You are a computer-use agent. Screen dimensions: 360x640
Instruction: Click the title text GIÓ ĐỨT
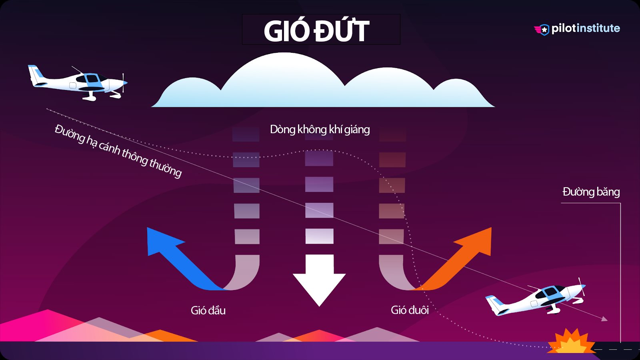point(316,31)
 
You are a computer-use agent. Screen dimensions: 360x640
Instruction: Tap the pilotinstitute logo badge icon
point(543,30)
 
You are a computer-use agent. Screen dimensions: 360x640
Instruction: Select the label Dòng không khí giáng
point(320,130)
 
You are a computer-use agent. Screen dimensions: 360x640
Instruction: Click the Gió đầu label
point(208,310)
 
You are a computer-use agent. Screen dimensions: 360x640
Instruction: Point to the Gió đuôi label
point(410,310)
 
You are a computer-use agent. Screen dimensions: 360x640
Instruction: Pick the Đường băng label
point(591,192)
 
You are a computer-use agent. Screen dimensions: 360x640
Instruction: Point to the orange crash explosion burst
point(571,342)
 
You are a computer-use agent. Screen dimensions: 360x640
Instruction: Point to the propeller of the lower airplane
point(582,286)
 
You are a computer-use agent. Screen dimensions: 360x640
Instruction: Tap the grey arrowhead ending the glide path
point(604,319)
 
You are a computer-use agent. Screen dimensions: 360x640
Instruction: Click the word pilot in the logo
point(563,28)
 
